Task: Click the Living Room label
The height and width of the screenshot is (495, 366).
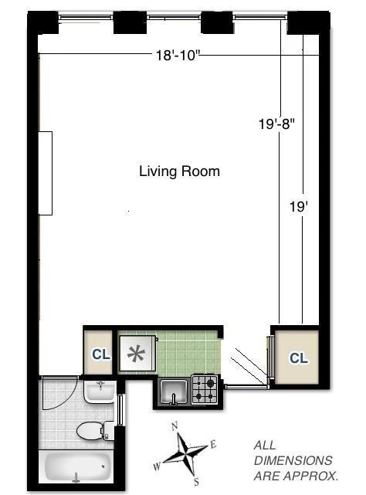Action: [x=179, y=171]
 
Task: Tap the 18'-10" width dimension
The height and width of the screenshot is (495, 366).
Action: [x=178, y=56]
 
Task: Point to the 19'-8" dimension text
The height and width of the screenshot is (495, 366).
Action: [x=276, y=124]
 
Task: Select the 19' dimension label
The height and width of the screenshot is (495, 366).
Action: [x=299, y=207]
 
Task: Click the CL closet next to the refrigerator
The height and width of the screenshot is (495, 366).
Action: [x=101, y=354]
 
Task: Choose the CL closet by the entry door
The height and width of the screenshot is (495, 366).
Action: [x=299, y=358]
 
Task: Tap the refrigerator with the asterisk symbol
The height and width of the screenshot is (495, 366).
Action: [x=137, y=353]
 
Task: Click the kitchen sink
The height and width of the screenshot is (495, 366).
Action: [x=173, y=392]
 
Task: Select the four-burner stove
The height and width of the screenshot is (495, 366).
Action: [x=205, y=389]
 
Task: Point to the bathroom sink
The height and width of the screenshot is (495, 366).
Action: [x=99, y=392]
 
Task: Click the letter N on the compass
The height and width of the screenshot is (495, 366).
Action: [x=175, y=427]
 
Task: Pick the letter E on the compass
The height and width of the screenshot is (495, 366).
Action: [x=213, y=445]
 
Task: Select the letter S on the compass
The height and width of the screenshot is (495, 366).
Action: [x=196, y=482]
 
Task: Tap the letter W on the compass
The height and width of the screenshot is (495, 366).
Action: [x=157, y=466]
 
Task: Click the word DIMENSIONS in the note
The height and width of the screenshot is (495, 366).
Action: [x=293, y=460]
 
